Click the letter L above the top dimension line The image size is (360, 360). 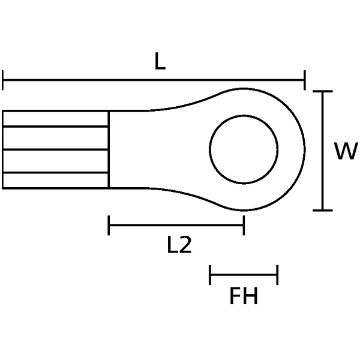pyautogui.click(x=159, y=62)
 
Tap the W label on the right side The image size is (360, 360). pyautogui.click(x=346, y=152)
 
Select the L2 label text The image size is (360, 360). pyautogui.click(x=179, y=245)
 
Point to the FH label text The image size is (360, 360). pyautogui.click(x=243, y=296)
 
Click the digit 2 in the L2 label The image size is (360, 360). pyautogui.click(x=185, y=245)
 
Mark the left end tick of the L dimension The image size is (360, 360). pyautogui.click(x=4, y=79)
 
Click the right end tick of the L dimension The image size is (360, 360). pyautogui.click(x=305, y=79)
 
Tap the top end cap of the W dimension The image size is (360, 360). pyautogui.click(x=323, y=92)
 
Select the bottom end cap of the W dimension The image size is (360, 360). pyautogui.click(x=323, y=211)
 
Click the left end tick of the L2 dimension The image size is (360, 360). pyautogui.click(x=109, y=226)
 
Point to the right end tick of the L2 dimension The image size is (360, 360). pyautogui.click(x=244, y=226)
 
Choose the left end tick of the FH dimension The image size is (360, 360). pyautogui.click(x=210, y=275)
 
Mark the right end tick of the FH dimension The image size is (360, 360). pyautogui.click(x=277, y=275)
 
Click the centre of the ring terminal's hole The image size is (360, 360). pyautogui.click(x=244, y=150)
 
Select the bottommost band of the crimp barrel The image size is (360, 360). pyautogui.click(x=55, y=180)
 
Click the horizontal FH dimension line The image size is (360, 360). pyautogui.click(x=244, y=275)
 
